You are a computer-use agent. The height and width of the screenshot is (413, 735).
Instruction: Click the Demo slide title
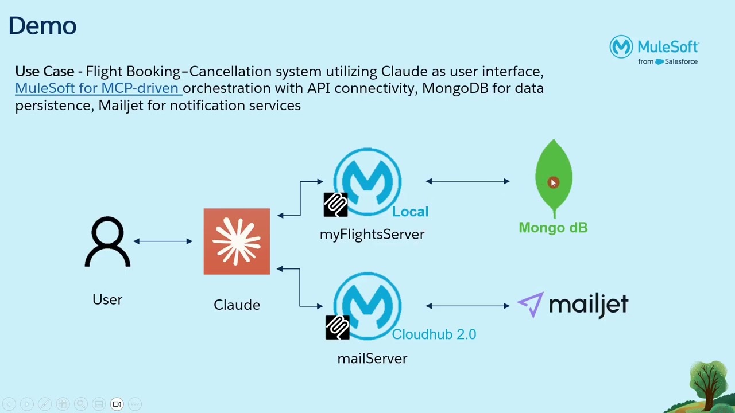click(x=42, y=26)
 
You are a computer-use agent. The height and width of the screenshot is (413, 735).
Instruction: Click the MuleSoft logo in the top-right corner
click(x=654, y=50)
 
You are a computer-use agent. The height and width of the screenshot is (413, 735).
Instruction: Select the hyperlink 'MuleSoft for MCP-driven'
click(x=98, y=88)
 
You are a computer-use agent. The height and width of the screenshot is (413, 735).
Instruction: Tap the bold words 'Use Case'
click(x=45, y=72)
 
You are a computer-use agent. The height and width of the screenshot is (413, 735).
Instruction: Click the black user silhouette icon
click(x=107, y=241)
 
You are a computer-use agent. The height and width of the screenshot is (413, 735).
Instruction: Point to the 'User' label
click(x=107, y=299)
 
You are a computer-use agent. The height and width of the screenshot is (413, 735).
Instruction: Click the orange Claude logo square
click(x=237, y=241)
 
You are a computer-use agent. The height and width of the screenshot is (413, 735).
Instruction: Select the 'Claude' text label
click(x=237, y=305)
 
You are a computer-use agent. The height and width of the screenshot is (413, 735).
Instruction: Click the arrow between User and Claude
click(x=163, y=241)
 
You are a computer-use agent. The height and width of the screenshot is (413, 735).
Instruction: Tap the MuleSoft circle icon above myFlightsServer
click(x=367, y=181)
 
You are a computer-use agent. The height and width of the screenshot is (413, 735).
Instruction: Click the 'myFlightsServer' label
click(x=372, y=234)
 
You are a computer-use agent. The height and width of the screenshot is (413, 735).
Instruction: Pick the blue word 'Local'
click(x=410, y=212)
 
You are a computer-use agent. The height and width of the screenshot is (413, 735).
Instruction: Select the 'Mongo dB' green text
click(x=553, y=228)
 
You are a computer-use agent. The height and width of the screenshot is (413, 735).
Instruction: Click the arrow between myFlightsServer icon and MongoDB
click(x=467, y=181)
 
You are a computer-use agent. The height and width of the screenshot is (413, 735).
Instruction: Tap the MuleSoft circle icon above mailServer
click(x=367, y=305)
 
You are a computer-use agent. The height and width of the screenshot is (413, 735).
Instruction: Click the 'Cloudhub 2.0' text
click(x=434, y=334)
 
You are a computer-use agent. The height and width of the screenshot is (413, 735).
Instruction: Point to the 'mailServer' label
click(x=372, y=359)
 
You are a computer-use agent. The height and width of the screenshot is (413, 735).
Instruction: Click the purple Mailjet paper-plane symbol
click(x=531, y=304)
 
